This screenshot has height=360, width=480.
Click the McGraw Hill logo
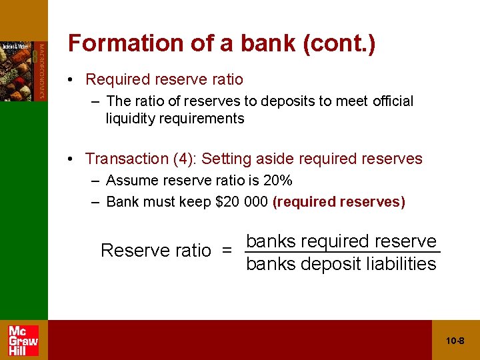23,340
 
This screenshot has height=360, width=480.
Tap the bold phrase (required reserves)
339,201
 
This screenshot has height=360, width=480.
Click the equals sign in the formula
227,251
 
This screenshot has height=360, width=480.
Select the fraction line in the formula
342,252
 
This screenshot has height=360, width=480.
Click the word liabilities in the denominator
402,264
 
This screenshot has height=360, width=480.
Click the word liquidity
131,119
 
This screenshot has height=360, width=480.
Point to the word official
393,101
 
